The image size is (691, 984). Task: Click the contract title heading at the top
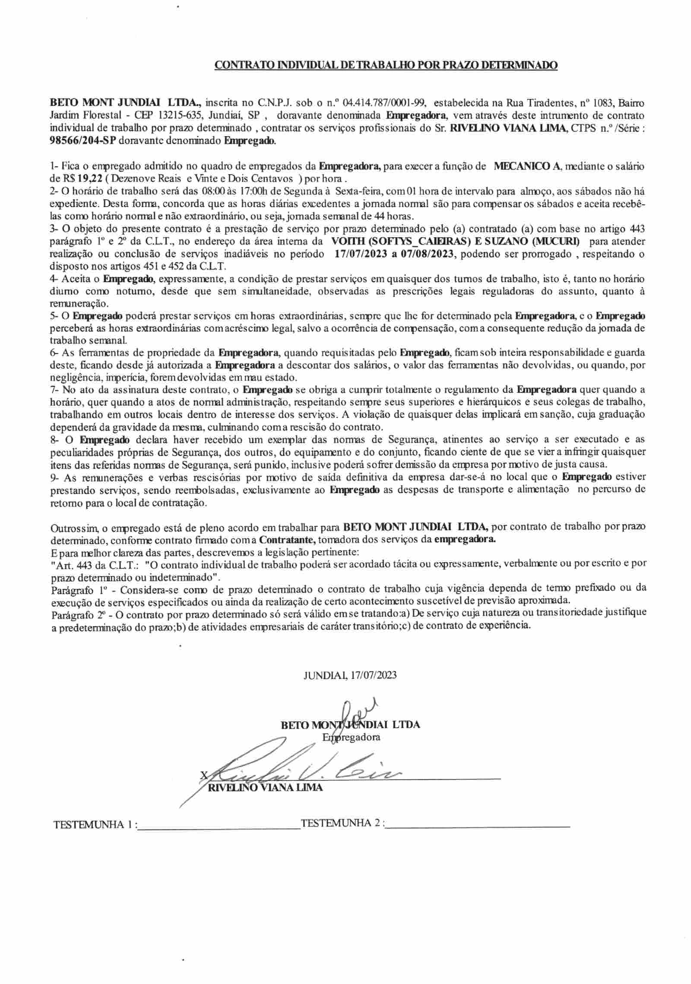[386, 66]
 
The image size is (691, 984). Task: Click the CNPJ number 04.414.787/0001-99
[384, 103]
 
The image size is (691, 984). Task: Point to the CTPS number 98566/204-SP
[84, 141]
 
